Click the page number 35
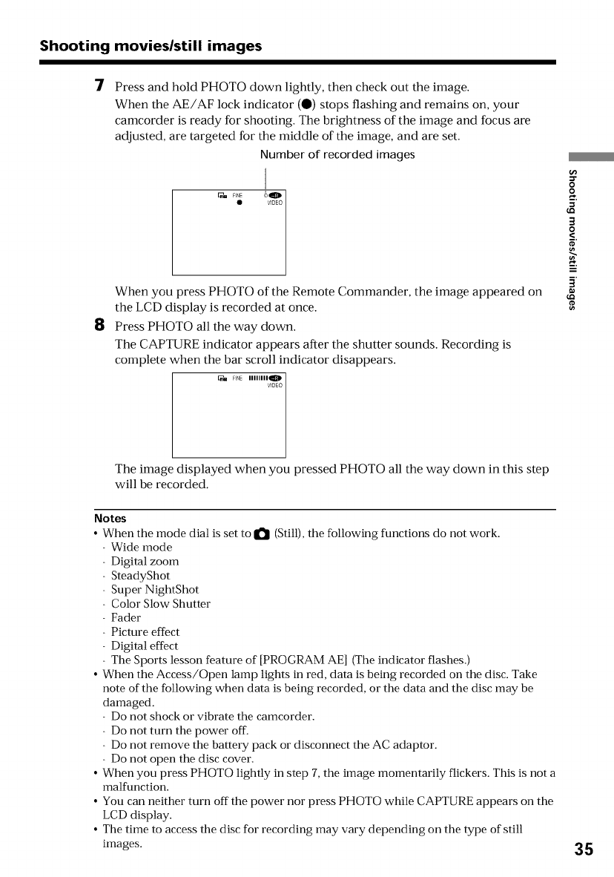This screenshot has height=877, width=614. click(582, 849)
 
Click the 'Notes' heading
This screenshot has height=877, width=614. click(110, 518)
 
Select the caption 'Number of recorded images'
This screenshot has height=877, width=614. click(337, 155)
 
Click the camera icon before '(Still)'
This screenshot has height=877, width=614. click(263, 533)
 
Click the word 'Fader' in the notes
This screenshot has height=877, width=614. click(125, 617)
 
